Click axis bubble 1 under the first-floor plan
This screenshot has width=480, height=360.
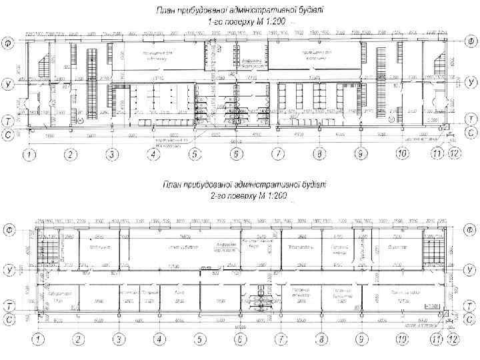click(29, 155)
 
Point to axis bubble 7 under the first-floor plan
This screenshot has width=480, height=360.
click(277, 155)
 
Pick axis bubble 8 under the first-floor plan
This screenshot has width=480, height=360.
click(320, 155)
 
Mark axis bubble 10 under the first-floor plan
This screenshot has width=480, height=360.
click(402, 155)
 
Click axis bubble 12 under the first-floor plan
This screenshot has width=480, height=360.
click(455, 155)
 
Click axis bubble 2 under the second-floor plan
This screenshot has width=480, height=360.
click(79, 339)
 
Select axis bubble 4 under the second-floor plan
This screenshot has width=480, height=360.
click(159, 339)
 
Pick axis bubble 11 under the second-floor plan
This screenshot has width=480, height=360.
click(438, 339)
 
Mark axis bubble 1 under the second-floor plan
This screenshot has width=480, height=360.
click(39, 339)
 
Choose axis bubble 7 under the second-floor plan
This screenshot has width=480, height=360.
click(281, 339)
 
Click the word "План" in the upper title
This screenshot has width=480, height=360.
click(165, 10)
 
